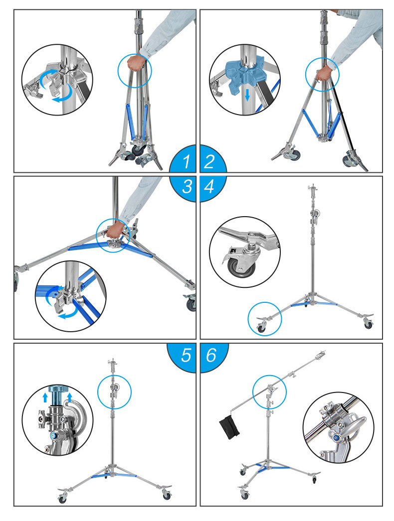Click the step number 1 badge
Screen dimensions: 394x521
186,161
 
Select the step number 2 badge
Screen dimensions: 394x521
210,161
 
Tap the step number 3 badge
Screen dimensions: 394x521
186,187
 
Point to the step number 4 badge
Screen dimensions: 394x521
210,187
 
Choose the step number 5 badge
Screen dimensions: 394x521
186,355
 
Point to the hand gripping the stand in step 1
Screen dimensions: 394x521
135,63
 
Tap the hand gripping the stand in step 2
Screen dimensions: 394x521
323,73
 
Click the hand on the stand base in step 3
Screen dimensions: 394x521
116,230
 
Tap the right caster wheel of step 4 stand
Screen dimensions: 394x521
368,324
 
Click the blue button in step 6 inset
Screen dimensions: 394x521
337,437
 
